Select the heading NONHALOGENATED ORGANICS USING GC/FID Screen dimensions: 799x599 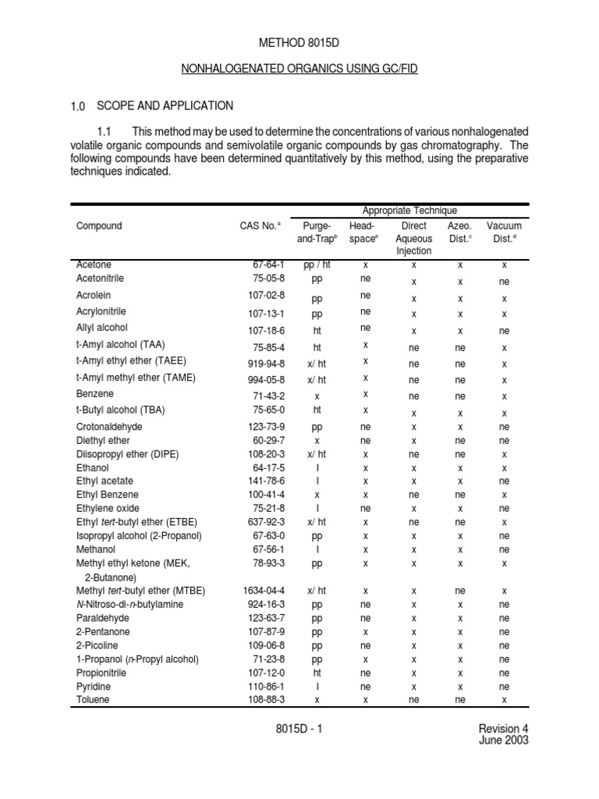point(299,69)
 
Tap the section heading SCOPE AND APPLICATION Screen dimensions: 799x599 point(164,105)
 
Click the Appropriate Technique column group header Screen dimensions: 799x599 point(409,211)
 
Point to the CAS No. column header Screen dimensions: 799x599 point(259,226)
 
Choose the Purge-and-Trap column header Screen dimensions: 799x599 point(317,233)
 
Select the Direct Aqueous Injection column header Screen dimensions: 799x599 point(413,238)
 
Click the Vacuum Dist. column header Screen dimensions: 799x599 point(504,233)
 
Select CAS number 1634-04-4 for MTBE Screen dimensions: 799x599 point(264,591)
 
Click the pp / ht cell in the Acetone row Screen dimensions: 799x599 point(317,265)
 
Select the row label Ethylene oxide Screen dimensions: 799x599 point(105,508)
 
